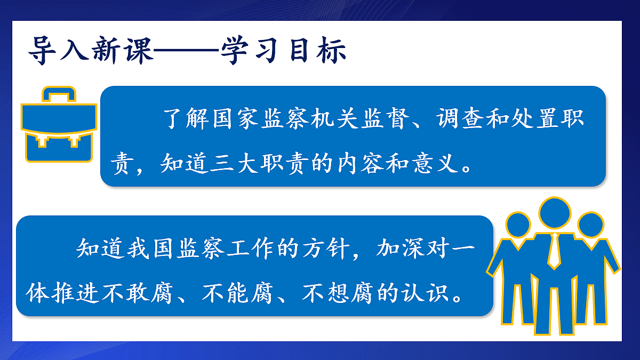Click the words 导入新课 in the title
click(x=90, y=51)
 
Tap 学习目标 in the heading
click(x=286, y=51)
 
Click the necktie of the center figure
click(x=555, y=251)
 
